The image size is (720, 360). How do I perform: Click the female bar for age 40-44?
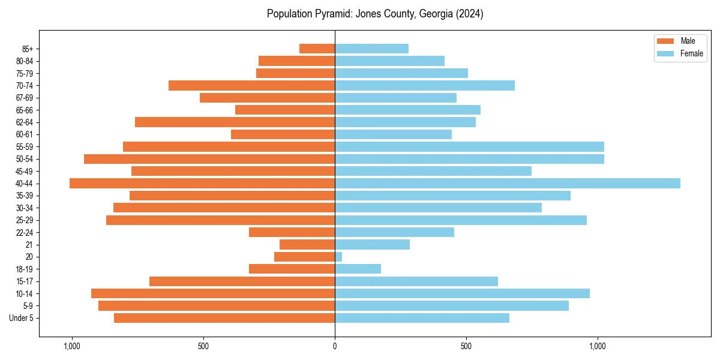click(x=507, y=184)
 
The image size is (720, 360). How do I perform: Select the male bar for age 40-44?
click(x=202, y=184)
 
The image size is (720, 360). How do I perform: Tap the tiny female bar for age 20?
click(x=338, y=257)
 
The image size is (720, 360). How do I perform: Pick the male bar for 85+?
click(x=317, y=49)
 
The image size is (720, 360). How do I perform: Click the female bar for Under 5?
click(x=422, y=318)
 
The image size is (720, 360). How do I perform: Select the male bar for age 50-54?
click(x=209, y=159)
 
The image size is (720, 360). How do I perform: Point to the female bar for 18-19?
click(x=358, y=269)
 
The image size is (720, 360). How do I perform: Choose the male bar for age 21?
click(x=307, y=245)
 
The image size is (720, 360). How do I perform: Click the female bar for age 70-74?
click(x=425, y=86)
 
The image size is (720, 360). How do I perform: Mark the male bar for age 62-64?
click(x=235, y=122)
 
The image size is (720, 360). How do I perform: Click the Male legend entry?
click(x=678, y=41)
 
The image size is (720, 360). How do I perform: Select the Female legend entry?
click(x=680, y=53)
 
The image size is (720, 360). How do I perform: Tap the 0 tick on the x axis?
click(x=335, y=346)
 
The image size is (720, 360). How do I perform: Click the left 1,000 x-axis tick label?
click(x=71, y=346)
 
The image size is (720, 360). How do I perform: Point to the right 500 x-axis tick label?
click(x=466, y=346)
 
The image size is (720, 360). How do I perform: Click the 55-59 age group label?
click(x=25, y=147)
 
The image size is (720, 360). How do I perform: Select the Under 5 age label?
click(x=22, y=318)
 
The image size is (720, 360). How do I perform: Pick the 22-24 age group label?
click(x=25, y=233)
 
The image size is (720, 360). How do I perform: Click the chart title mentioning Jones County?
click(x=375, y=14)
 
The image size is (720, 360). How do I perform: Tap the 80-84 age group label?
click(x=25, y=61)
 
